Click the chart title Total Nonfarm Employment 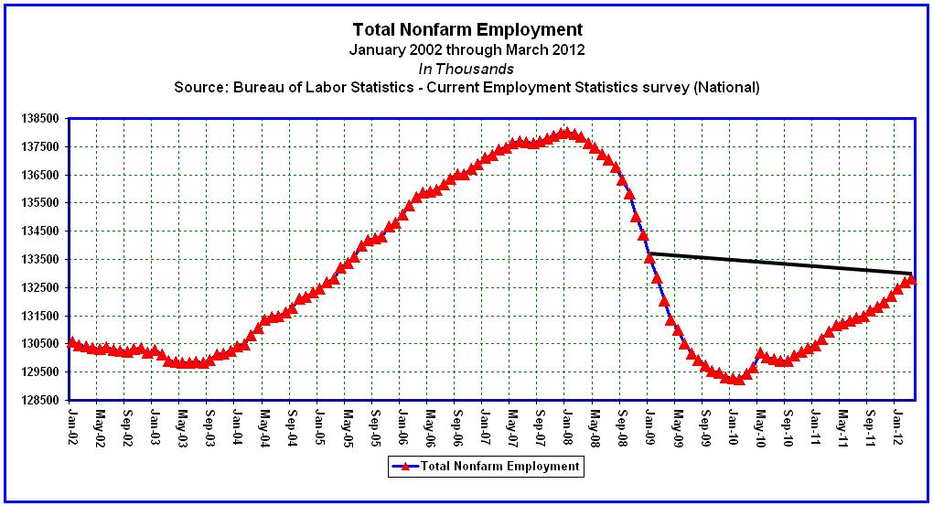point(466,29)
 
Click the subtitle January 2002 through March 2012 point(466,49)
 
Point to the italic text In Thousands point(466,69)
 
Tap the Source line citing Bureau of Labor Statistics point(466,88)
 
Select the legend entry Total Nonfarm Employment point(499,466)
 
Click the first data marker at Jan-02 point(71,342)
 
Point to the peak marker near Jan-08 point(566,132)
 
